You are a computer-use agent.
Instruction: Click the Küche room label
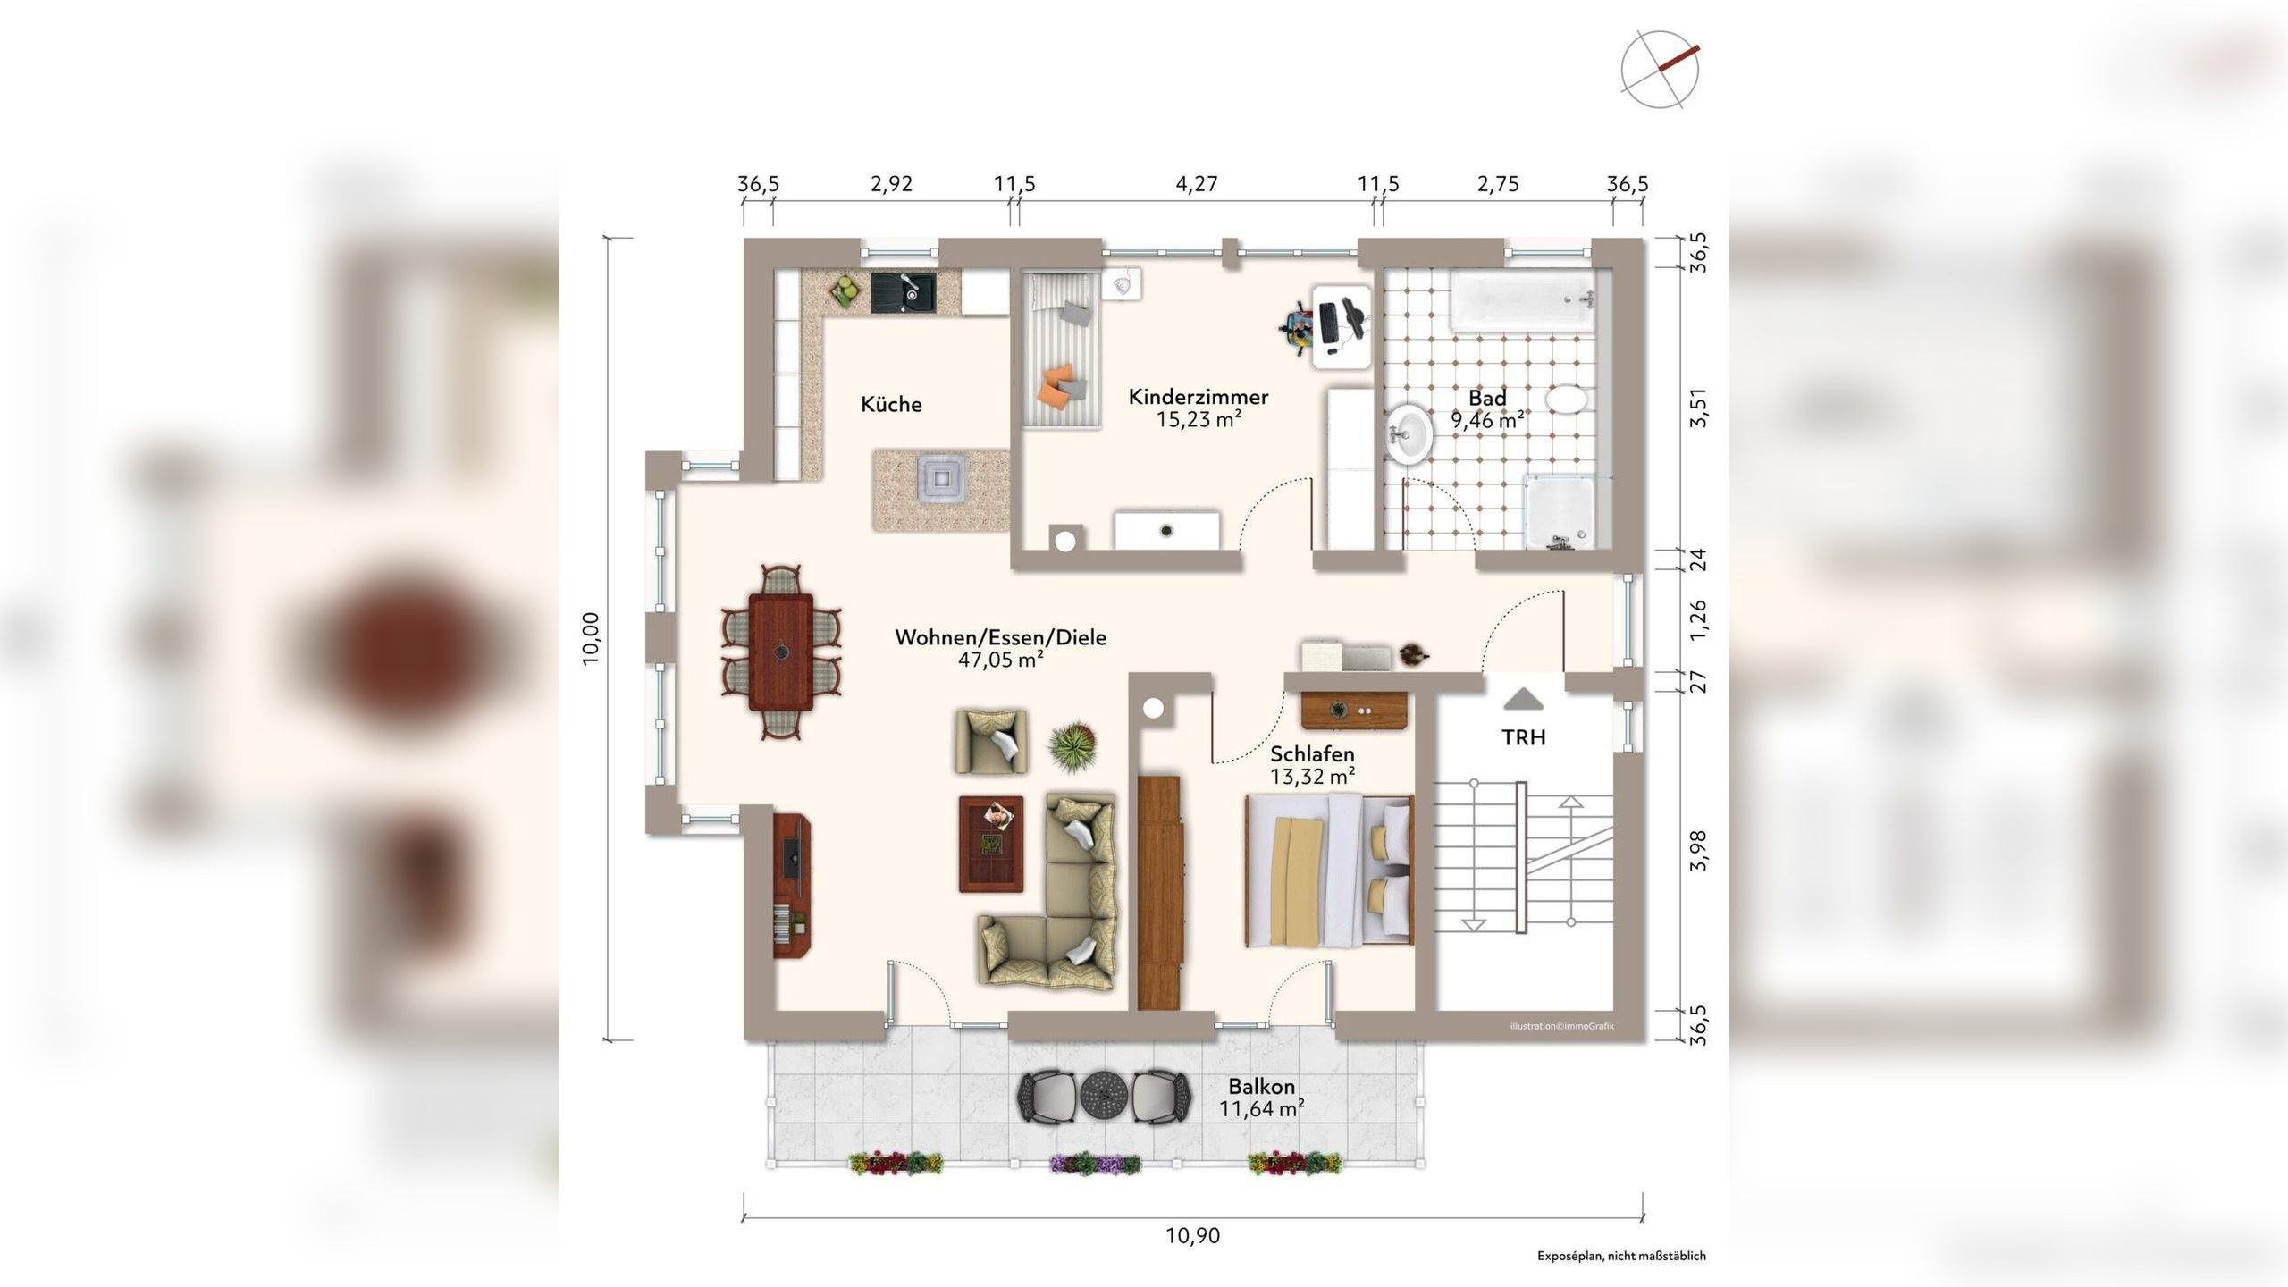tap(891, 404)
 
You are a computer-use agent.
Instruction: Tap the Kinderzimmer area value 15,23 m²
tap(1199, 419)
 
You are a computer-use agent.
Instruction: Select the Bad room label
tap(1487, 398)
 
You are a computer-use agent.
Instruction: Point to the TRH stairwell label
tap(1524, 737)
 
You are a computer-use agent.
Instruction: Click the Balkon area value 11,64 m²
tap(1262, 1109)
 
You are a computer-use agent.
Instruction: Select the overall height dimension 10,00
tap(590, 638)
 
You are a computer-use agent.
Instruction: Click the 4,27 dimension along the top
tap(1197, 184)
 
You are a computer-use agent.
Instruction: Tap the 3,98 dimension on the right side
tap(1698, 851)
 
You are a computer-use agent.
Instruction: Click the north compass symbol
tap(1661, 70)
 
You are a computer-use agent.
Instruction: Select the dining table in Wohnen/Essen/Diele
tap(781, 652)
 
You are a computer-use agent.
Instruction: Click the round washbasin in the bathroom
tap(1411, 434)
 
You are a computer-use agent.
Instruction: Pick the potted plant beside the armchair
tap(1073, 744)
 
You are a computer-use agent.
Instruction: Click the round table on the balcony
tap(1105, 1095)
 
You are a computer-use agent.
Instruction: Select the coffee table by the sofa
tap(991, 845)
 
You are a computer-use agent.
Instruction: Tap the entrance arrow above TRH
tap(1523, 699)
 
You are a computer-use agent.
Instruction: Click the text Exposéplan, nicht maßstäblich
tap(1621, 1256)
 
